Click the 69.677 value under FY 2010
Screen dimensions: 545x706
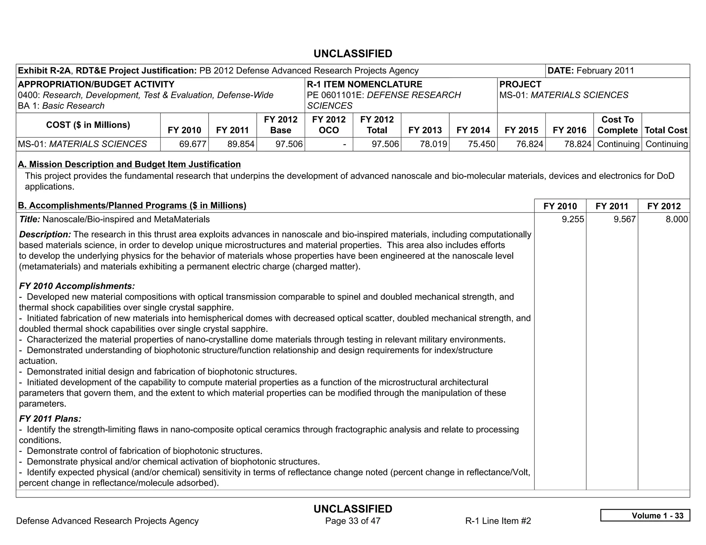[192, 144]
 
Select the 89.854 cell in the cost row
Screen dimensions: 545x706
[241, 144]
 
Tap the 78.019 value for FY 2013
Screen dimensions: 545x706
[433, 144]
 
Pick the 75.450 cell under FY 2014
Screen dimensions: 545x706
[481, 144]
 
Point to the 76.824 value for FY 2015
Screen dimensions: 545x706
[529, 144]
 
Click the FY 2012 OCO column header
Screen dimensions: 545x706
[329, 125]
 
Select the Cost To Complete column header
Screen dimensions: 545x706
[617, 125]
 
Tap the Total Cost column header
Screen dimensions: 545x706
[666, 130]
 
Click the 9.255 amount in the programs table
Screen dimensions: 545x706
[573, 219]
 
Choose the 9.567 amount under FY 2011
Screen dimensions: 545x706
[624, 219]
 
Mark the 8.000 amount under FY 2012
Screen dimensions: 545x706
[676, 219]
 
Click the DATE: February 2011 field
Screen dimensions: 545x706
[591, 71]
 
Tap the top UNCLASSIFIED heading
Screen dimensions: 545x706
[353, 54]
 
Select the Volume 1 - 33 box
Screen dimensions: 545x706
[645, 515]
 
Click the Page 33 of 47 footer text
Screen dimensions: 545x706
[353, 521]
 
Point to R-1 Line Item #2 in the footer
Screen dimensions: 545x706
[498, 521]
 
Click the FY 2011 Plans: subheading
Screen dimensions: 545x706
[50, 419]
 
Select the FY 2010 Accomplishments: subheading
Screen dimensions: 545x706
[77, 286]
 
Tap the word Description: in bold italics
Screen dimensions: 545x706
[45, 235]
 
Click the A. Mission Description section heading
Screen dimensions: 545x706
[129, 164]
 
